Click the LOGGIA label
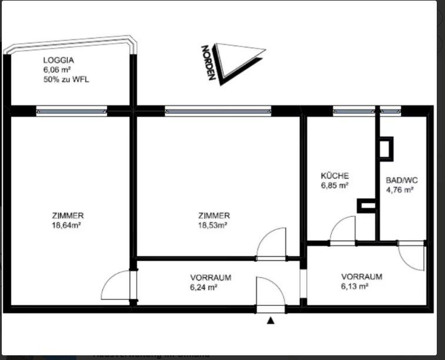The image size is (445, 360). (x=58, y=60)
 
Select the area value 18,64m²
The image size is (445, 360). (x=66, y=224)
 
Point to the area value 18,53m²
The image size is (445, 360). (x=213, y=224)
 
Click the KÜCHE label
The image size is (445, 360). (x=334, y=176)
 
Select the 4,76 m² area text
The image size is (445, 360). (x=400, y=190)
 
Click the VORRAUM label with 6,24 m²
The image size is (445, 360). (x=210, y=278)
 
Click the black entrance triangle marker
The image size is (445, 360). (x=270, y=321)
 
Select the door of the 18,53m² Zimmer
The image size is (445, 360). (x=271, y=244)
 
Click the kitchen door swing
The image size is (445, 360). (x=343, y=230)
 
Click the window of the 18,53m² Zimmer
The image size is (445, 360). (x=218, y=110)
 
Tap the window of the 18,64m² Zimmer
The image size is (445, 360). (x=71, y=110)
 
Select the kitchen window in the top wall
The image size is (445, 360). (x=354, y=110)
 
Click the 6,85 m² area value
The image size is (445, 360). (x=334, y=185)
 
